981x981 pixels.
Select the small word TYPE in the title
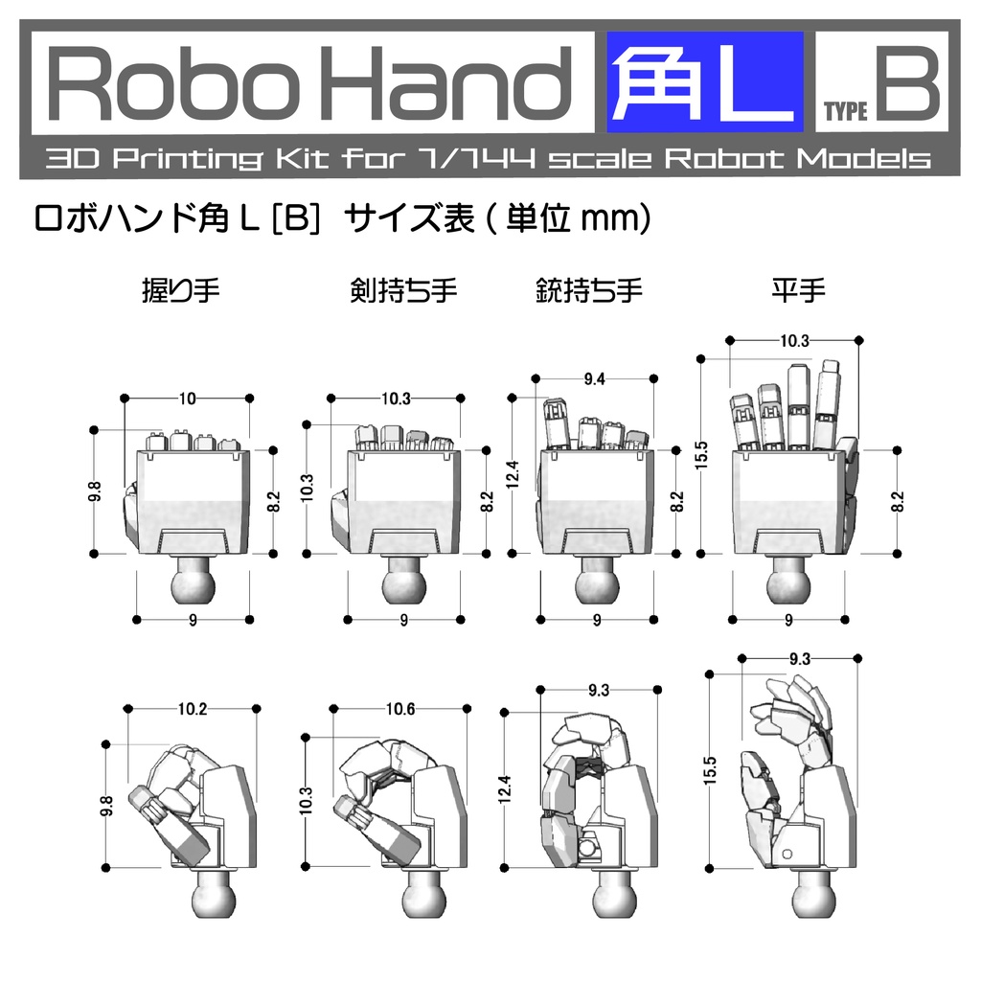845,112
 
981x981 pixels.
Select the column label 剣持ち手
403,290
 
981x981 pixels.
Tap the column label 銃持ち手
588,290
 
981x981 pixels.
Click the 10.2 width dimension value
192,710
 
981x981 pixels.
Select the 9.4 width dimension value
594,379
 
